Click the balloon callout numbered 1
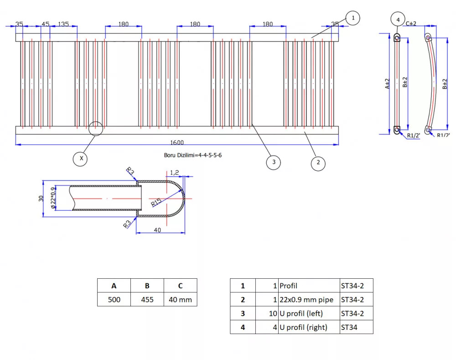point(353,18)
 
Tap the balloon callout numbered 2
point(318,163)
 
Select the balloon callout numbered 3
point(273,162)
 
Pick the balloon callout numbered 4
point(398,19)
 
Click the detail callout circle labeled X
point(80,159)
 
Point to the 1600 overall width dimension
point(177,142)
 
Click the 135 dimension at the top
point(63,24)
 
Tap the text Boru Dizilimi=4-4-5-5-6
point(193,155)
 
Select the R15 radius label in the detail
point(156,202)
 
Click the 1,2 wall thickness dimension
point(175,172)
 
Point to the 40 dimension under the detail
point(157,230)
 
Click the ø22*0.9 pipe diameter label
point(53,198)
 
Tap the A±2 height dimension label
point(387,84)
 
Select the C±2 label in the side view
point(411,24)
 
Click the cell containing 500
point(114,299)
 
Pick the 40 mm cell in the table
point(180,299)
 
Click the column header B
point(147,286)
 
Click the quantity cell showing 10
point(267,313)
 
